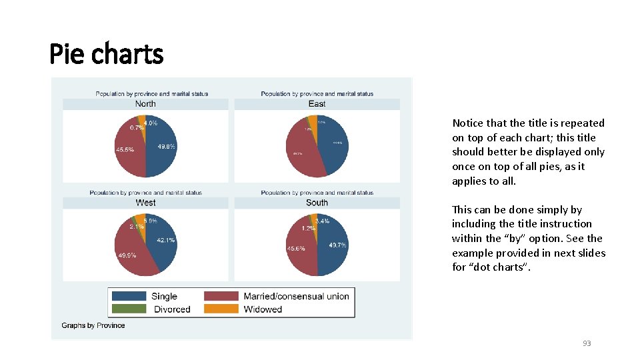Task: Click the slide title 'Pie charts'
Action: pyautogui.click(x=107, y=53)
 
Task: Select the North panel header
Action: pyautogui.click(x=145, y=104)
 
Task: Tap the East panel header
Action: pyautogui.click(x=317, y=104)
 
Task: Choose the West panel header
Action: pyautogui.click(x=145, y=203)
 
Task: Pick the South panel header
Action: pyautogui.click(x=317, y=203)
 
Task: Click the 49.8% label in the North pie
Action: pyautogui.click(x=167, y=147)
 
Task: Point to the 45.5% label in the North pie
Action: pyautogui.click(x=125, y=150)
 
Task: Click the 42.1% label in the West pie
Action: pyautogui.click(x=166, y=240)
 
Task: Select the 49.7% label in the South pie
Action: pyautogui.click(x=337, y=245)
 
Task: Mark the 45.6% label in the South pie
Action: pyautogui.click(x=296, y=249)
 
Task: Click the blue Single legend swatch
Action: pyautogui.click(x=129, y=296)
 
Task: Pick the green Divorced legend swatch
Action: pyautogui.click(x=129, y=309)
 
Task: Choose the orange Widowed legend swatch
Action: pyautogui.click(x=221, y=309)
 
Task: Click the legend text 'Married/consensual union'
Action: pyautogui.click(x=296, y=296)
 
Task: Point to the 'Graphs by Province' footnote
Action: pyautogui.click(x=93, y=325)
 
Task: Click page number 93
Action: pyautogui.click(x=587, y=343)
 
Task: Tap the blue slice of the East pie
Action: pyautogui.click(x=334, y=150)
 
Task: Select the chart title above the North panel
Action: pyautogui.click(x=152, y=94)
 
